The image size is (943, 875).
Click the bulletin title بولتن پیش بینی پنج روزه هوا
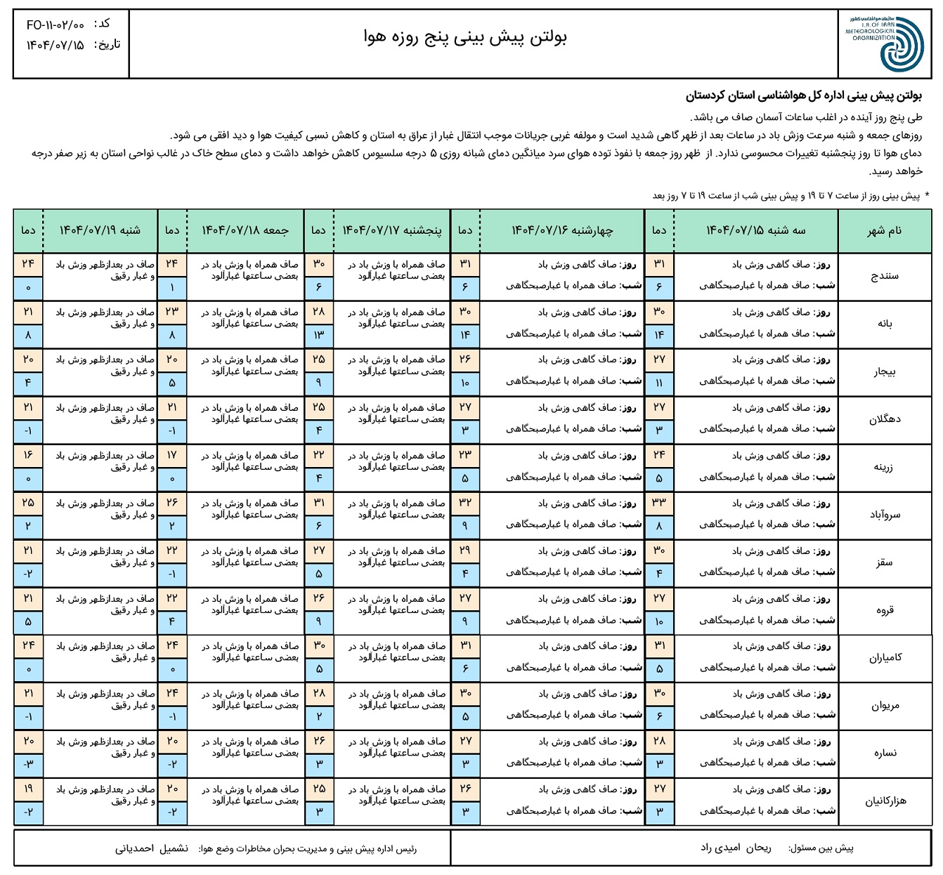point(465,37)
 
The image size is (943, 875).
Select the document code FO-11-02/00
point(56,25)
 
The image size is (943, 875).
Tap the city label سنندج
point(885,276)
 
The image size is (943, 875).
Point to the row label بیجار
point(885,371)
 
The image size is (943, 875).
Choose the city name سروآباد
point(885,515)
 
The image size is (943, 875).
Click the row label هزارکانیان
point(885,801)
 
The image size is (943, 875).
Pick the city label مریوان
point(885,706)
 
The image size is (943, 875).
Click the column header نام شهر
point(885,231)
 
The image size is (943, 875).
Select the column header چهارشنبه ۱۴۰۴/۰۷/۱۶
point(562,230)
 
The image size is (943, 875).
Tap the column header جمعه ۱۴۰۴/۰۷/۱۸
point(245,230)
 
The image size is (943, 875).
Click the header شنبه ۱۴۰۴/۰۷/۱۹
point(100,230)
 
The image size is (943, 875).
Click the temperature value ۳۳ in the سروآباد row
point(659,503)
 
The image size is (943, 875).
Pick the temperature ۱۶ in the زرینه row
point(28,455)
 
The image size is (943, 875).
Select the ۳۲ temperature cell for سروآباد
point(465,503)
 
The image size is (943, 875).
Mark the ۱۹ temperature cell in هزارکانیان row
point(28,789)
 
